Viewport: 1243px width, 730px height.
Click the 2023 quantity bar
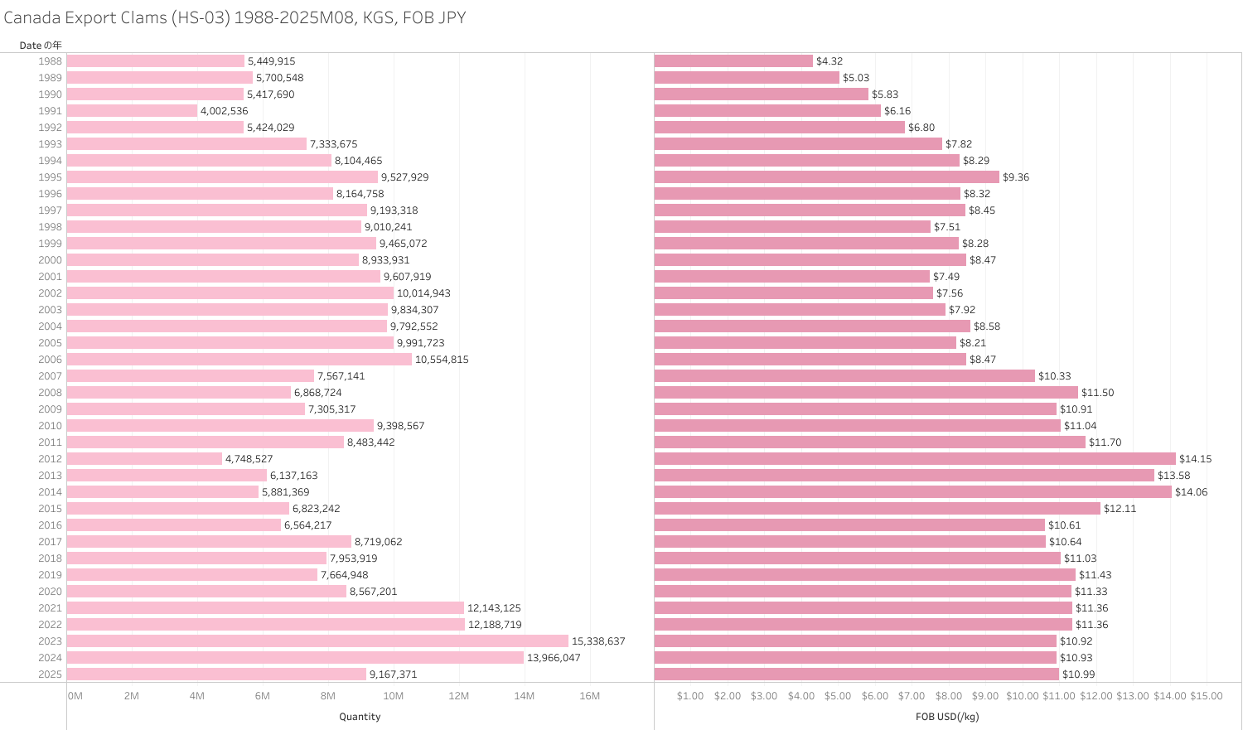[x=317, y=641]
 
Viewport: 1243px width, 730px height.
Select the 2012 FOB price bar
[x=915, y=459]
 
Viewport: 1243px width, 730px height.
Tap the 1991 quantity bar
[x=132, y=111]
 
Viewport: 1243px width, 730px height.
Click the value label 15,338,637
[x=598, y=641]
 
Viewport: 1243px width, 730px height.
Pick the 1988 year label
[x=50, y=61]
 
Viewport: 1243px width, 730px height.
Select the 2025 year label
[x=50, y=674]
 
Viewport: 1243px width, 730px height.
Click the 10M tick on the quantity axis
[x=393, y=696]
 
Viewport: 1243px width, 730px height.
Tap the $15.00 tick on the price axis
[x=1206, y=696]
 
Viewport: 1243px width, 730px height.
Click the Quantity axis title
[x=360, y=717]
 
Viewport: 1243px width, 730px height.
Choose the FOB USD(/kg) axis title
[x=947, y=717]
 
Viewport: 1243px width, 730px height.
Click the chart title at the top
[x=235, y=17]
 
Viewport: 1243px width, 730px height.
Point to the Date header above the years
[x=41, y=45]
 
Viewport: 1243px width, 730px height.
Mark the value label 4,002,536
[x=224, y=111]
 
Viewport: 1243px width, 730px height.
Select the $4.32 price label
[x=829, y=61]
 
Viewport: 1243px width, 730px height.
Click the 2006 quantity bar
[x=239, y=360]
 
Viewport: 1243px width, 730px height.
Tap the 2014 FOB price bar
[x=912, y=492]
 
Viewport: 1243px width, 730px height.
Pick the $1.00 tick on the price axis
[x=690, y=696]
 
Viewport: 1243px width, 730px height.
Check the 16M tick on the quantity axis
[x=589, y=696]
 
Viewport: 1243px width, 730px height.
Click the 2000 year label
[x=50, y=260]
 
